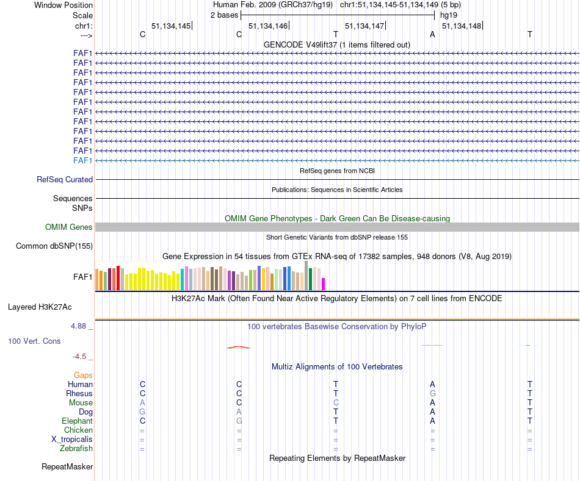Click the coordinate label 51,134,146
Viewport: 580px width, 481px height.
click(x=267, y=26)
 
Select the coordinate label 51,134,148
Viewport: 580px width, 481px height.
click(x=461, y=26)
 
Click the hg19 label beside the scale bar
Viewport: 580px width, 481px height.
click(x=449, y=15)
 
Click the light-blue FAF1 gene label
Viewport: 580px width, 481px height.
click(x=82, y=160)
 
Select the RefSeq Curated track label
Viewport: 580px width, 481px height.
click(x=65, y=180)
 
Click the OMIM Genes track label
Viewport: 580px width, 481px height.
click(x=69, y=227)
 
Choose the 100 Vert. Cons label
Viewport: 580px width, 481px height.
click(x=34, y=341)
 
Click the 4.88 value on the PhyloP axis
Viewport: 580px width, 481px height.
click(x=81, y=326)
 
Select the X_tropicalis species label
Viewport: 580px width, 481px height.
click(x=72, y=440)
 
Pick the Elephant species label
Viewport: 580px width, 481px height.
click(x=77, y=421)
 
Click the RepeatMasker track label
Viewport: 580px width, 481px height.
click(x=67, y=467)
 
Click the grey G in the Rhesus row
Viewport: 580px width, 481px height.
click(x=432, y=394)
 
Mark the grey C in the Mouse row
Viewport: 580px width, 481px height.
click(x=336, y=403)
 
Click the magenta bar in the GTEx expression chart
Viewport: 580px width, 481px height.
click(x=324, y=284)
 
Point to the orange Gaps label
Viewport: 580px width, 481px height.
click(x=83, y=376)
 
